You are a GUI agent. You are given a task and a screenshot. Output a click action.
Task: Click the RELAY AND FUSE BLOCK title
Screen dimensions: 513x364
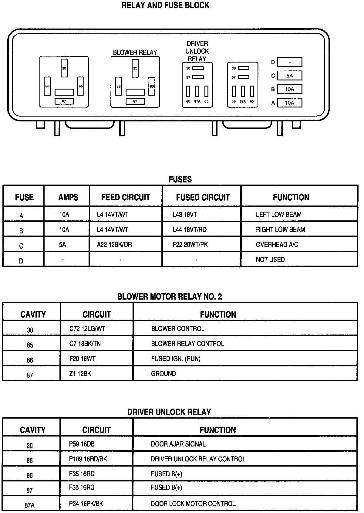165,5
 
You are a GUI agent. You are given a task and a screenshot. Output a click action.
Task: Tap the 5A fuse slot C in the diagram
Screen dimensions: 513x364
290,76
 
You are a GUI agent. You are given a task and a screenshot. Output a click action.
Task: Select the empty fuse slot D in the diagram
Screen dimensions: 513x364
290,62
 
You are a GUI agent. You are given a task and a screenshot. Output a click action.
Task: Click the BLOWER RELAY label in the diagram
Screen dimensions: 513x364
135,53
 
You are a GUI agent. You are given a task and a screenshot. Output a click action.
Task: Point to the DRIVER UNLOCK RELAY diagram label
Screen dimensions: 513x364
197,51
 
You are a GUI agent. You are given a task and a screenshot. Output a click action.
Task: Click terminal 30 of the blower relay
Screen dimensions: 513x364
135,68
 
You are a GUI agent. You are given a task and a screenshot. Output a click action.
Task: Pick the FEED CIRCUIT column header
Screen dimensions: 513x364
126,197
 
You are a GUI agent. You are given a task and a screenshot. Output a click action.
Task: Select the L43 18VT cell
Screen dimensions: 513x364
185,215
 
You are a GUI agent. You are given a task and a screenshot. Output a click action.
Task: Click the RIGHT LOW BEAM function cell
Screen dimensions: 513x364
280,229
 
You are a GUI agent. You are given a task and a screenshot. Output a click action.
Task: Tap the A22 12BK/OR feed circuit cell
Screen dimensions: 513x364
114,245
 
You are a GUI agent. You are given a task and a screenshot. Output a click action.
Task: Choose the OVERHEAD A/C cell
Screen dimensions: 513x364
277,245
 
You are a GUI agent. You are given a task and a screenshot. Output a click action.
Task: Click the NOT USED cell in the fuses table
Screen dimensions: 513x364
270,260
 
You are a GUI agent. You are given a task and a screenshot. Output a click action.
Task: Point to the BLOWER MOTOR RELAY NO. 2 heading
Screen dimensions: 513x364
170,297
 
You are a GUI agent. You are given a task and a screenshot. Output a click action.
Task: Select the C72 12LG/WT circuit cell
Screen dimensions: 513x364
87,329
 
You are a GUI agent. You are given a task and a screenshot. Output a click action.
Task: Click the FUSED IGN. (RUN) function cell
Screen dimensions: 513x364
176,359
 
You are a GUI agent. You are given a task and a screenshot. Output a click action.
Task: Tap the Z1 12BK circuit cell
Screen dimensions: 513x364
80,374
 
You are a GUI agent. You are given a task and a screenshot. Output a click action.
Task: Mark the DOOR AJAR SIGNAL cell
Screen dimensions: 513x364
178,444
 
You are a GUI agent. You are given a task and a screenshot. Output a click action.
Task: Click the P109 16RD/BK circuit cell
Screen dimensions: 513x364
88,459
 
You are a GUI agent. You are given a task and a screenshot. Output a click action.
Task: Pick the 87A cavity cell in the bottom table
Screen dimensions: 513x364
29,505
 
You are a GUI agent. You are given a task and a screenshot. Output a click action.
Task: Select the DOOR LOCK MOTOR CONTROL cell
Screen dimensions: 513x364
193,504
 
